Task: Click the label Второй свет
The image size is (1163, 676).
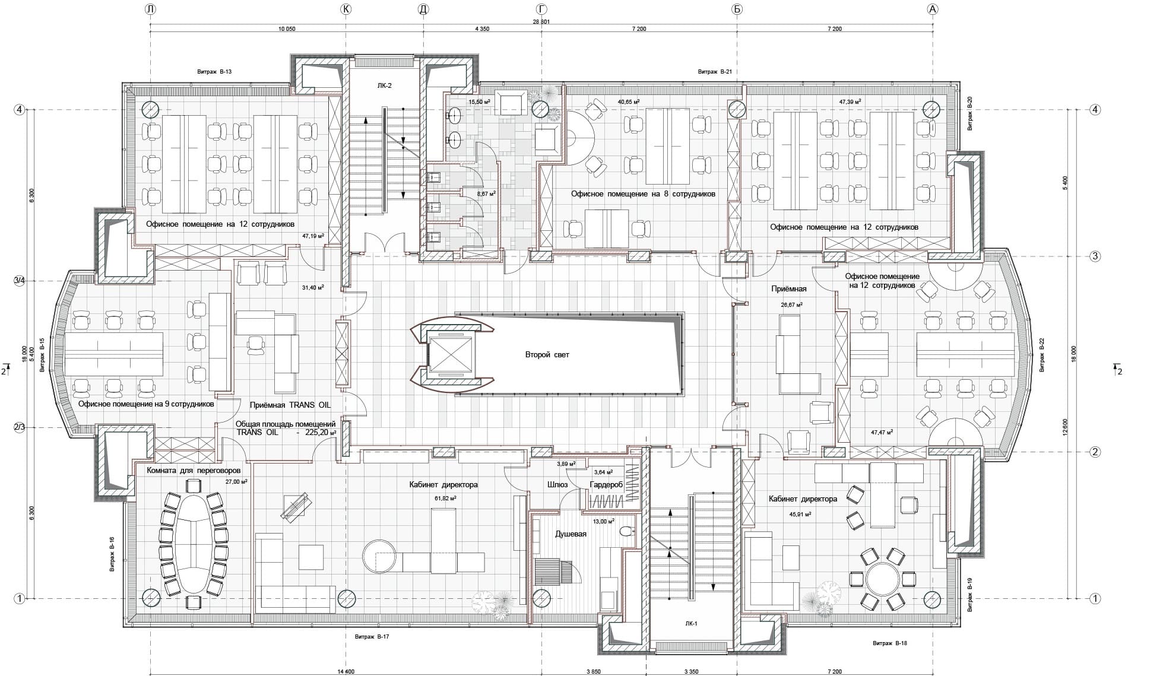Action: tap(547, 355)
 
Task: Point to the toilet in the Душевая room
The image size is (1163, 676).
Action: tap(625, 532)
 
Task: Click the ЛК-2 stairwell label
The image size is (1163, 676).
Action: tap(384, 85)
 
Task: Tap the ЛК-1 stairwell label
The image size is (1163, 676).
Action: tap(690, 624)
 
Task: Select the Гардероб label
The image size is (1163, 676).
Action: tap(606, 485)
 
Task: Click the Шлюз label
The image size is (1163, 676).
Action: tap(557, 484)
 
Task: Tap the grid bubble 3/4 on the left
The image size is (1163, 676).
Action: tap(20, 280)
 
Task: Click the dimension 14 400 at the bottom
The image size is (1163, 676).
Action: tap(346, 671)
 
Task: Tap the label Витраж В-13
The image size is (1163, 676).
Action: tap(214, 72)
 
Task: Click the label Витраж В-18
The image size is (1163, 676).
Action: tap(890, 643)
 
